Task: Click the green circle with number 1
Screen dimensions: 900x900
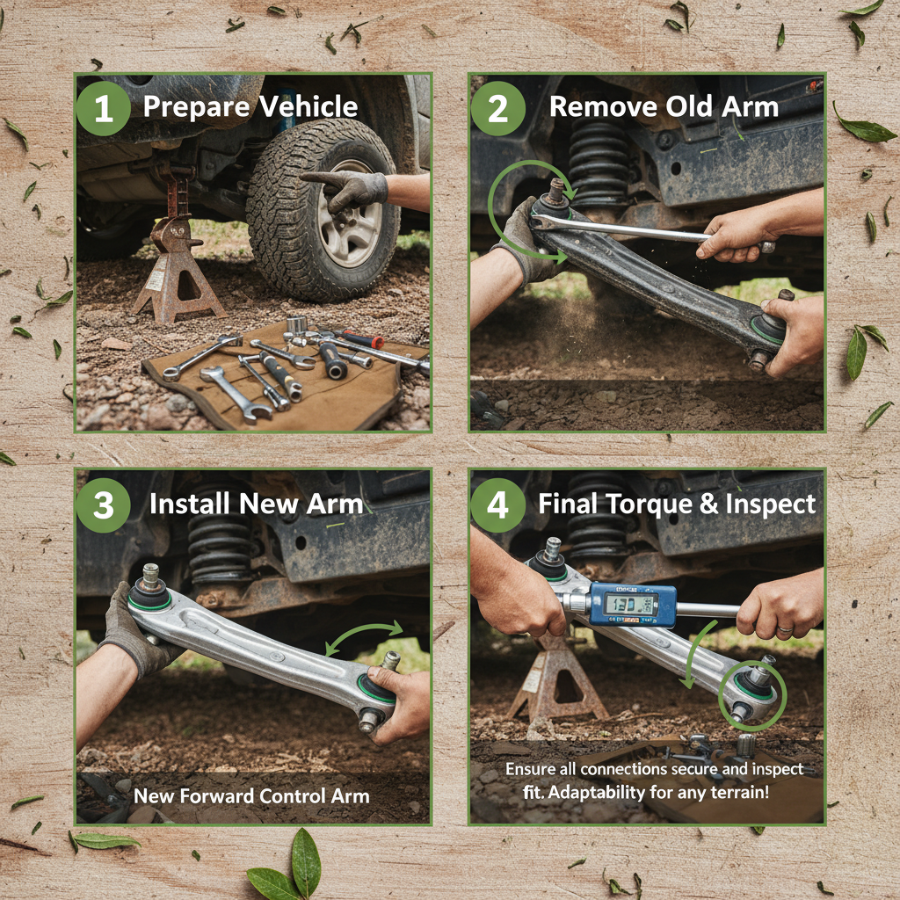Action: point(104,108)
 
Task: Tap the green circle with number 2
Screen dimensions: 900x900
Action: point(497,108)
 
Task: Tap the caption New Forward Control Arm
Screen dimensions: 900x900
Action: point(251,796)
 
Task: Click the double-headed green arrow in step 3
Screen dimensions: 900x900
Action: point(366,638)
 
